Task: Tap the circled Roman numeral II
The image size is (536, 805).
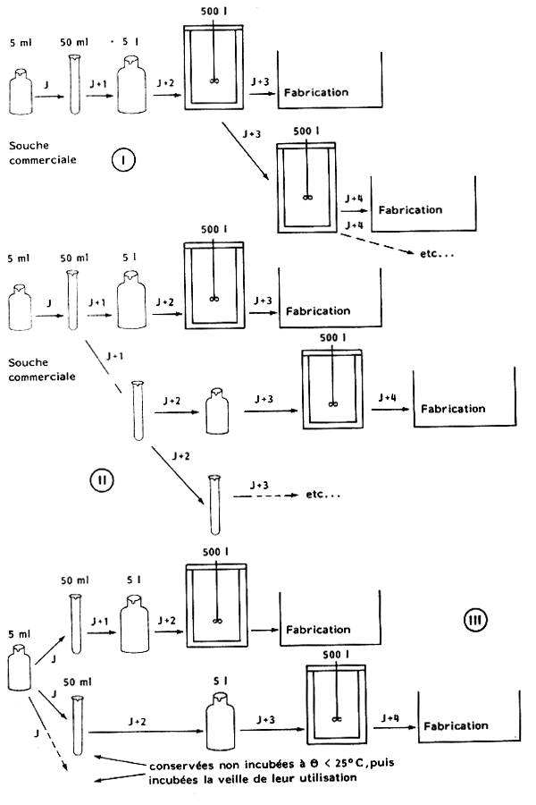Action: click(x=102, y=479)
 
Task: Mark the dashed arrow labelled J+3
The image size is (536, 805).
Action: click(x=261, y=494)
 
